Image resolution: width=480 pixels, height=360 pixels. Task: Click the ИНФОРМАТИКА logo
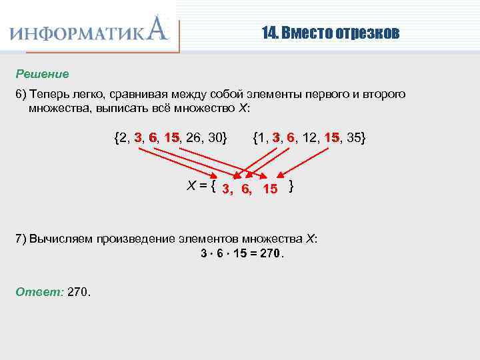pos(90,31)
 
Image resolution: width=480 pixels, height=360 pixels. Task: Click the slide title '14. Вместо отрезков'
pos(330,33)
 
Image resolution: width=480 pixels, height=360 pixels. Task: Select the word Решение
pos(43,73)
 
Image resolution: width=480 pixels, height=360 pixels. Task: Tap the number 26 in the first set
pos(194,137)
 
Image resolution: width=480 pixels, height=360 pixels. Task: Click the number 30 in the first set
pos(215,137)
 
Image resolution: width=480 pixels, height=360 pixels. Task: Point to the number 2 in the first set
pos(121,137)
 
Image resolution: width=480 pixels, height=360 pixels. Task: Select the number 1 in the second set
pos(262,137)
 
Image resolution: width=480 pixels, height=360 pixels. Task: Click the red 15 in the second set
pos(332,137)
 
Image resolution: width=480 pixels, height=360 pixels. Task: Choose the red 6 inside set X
pos(246,189)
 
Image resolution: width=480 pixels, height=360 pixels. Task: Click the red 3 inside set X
pos(227,189)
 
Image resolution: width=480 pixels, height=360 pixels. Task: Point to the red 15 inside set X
pos(270,189)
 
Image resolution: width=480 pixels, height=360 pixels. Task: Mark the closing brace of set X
pos(291,187)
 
